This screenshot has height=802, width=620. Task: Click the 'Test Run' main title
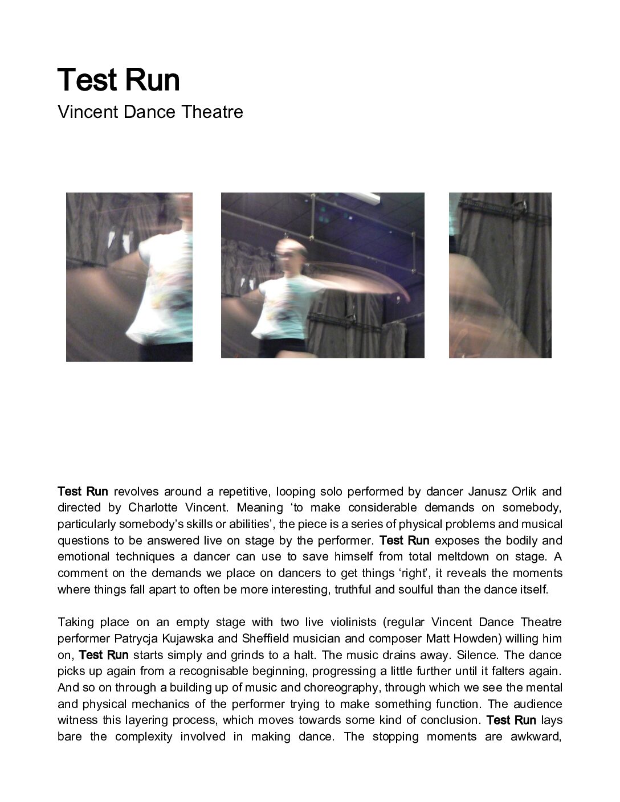click(x=119, y=80)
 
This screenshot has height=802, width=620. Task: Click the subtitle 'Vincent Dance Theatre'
click(x=150, y=112)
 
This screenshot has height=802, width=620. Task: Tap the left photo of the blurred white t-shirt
click(x=129, y=277)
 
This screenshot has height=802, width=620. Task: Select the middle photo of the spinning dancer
click(x=323, y=276)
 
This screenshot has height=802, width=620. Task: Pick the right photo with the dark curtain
click(x=500, y=276)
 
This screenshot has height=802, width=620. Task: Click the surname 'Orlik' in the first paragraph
click(x=521, y=492)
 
